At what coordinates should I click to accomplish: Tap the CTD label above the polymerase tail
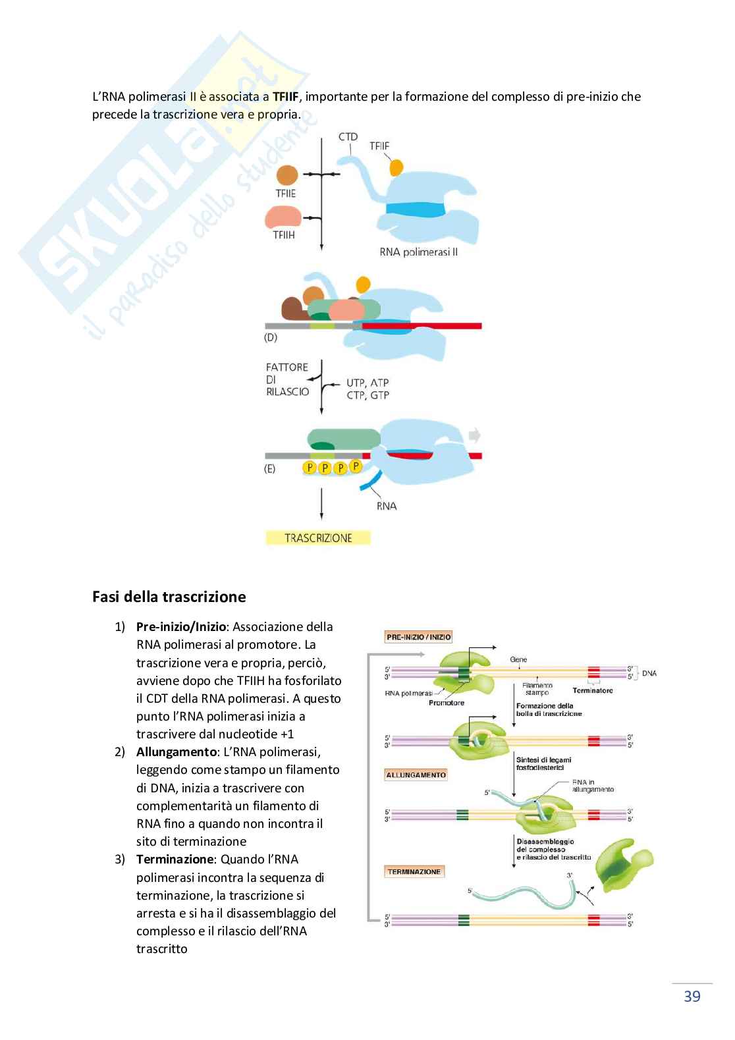point(348,137)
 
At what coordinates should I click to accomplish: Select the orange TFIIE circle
point(287,175)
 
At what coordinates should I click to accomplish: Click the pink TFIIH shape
point(283,217)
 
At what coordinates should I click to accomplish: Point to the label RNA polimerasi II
point(418,252)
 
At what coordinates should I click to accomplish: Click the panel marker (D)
point(270,338)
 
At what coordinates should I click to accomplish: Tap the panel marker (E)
point(269,469)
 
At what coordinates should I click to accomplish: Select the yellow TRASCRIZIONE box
point(318,538)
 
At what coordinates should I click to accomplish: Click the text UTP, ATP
point(367,383)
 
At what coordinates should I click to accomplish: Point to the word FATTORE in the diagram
point(287,368)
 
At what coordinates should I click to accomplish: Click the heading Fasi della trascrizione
point(169,597)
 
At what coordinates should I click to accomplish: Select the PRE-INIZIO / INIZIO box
point(419,637)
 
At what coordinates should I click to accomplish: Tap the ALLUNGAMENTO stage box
point(416,775)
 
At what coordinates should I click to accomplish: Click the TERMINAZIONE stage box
point(414,872)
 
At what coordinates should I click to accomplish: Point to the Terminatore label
point(592,690)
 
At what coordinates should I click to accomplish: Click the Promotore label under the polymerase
point(447,703)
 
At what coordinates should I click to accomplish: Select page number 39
point(692,997)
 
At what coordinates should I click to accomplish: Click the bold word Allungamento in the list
point(177,752)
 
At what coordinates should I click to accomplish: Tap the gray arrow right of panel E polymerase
point(474,435)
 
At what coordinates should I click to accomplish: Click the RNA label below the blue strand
point(387,506)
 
